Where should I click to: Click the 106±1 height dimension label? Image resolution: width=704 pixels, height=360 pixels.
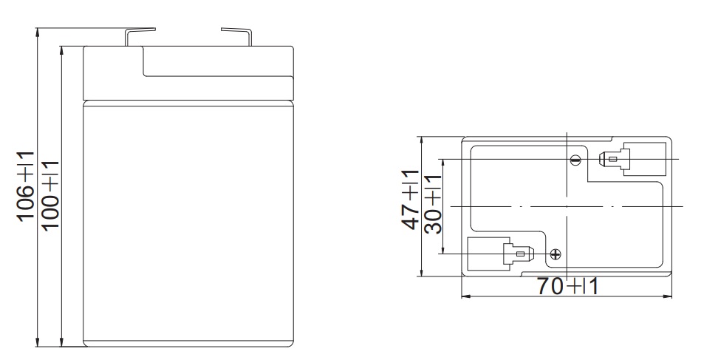tap(26, 186)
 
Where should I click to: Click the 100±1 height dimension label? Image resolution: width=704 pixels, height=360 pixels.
tap(50, 195)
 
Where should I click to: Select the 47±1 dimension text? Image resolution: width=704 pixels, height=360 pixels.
tap(410, 200)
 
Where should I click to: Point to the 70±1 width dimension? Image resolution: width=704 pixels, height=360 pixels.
tap(568, 286)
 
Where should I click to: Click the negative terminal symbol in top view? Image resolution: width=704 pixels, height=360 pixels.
tap(575, 159)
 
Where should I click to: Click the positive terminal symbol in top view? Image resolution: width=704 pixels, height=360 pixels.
tap(556, 254)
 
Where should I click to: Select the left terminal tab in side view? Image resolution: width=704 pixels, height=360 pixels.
tap(140, 36)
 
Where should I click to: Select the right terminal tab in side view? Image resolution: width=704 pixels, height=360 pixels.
tap(236, 36)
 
